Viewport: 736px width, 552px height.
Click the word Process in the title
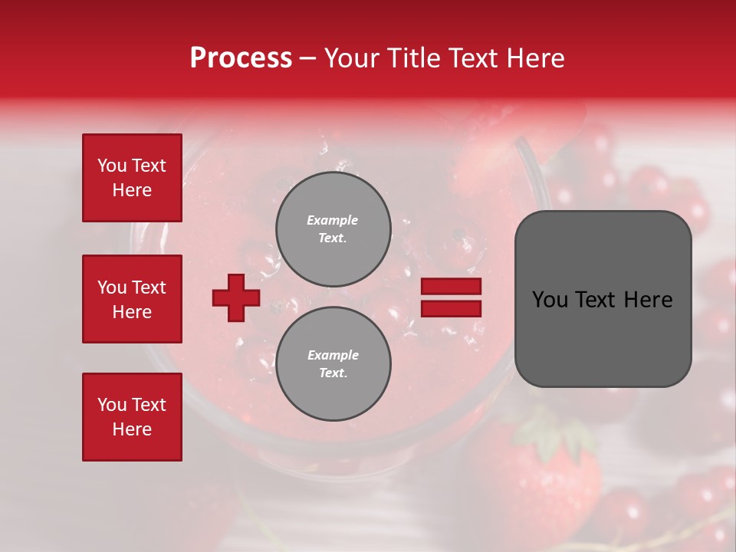coord(241,58)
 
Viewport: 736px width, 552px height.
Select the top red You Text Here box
coord(132,178)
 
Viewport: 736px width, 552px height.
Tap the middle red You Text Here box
coord(132,299)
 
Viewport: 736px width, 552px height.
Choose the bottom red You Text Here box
coord(132,416)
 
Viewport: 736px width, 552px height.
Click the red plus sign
coord(235,297)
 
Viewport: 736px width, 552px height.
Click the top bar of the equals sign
coord(451,287)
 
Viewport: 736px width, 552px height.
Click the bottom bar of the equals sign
coord(451,308)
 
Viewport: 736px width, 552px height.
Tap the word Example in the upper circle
coord(332,220)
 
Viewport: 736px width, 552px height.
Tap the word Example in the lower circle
coord(333,355)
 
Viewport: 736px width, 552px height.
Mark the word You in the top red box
coord(111,166)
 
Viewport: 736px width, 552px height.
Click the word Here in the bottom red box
coord(132,429)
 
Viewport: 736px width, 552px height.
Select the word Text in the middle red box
coord(149,287)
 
